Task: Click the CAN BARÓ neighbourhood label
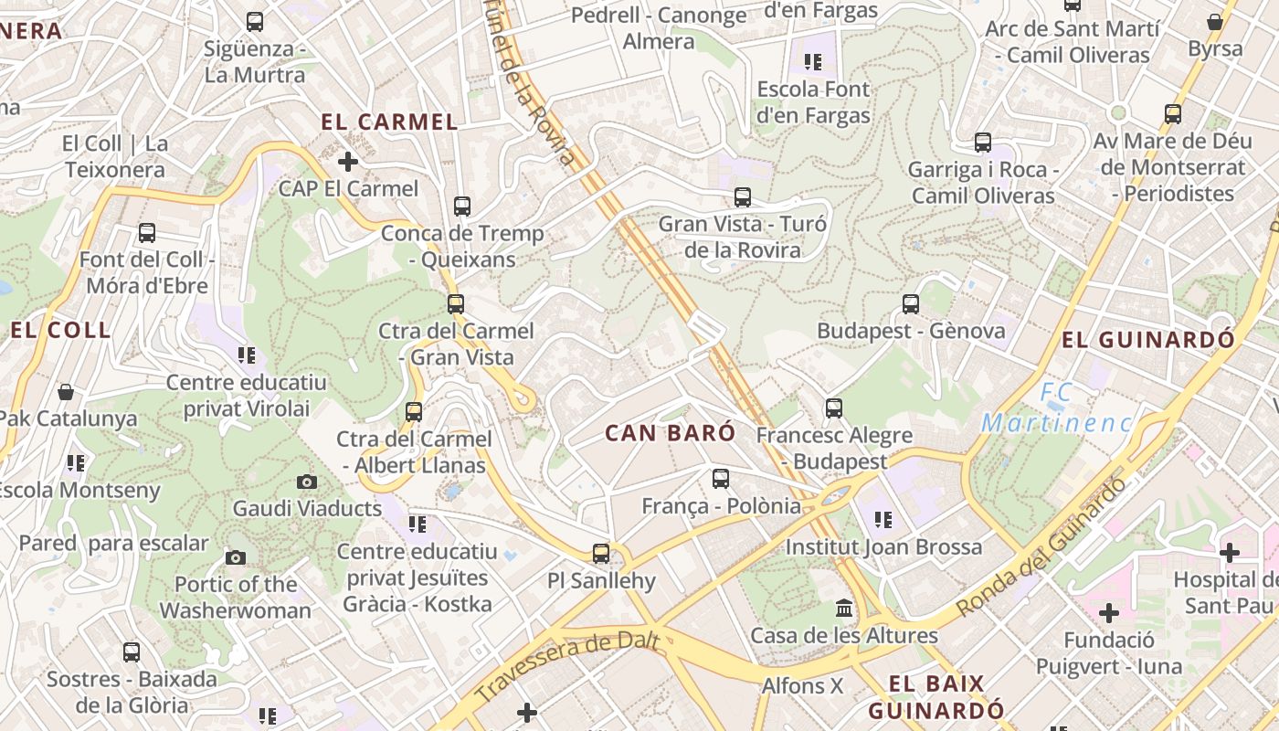(670, 433)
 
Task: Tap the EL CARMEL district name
(389, 122)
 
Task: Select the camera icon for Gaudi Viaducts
(307, 482)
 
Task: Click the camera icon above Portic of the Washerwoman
(235, 557)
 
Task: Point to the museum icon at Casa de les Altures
(844, 609)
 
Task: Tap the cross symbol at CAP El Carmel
(347, 162)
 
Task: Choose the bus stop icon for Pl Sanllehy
(600, 553)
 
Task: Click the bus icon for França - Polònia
(721, 478)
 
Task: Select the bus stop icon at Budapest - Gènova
(910, 304)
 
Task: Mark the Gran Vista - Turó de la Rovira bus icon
(742, 196)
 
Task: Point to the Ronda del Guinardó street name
(1041, 548)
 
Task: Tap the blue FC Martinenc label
(1056, 408)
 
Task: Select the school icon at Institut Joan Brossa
(883, 520)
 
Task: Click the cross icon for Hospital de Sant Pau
(1230, 552)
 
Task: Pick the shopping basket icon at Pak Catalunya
(66, 392)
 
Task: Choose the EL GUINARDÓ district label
(1147, 340)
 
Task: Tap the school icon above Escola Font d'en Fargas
(812, 62)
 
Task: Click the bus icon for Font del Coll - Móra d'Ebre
(146, 233)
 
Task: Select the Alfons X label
(802, 685)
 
